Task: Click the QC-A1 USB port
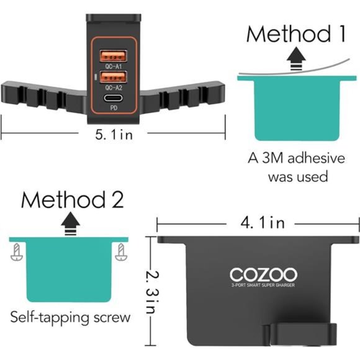point(113,56)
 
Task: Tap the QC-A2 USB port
point(113,77)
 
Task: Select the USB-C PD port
point(113,98)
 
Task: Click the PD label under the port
point(114,107)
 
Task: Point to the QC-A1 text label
point(113,66)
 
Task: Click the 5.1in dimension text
point(114,134)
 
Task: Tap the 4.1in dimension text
point(263,222)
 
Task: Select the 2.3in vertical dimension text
point(153,292)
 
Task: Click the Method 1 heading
point(296,34)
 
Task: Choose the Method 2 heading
point(73,199)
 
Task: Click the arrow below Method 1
point(296,58)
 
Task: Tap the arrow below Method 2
point(71,223)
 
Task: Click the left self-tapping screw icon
point(17,252)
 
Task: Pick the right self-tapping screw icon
point(121,252)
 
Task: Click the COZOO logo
point(263,274)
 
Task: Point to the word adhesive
point(317,158)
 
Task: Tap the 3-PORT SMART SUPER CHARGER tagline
point(263,285)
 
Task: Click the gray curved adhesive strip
point(294,70)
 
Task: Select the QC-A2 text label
point(114,88)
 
